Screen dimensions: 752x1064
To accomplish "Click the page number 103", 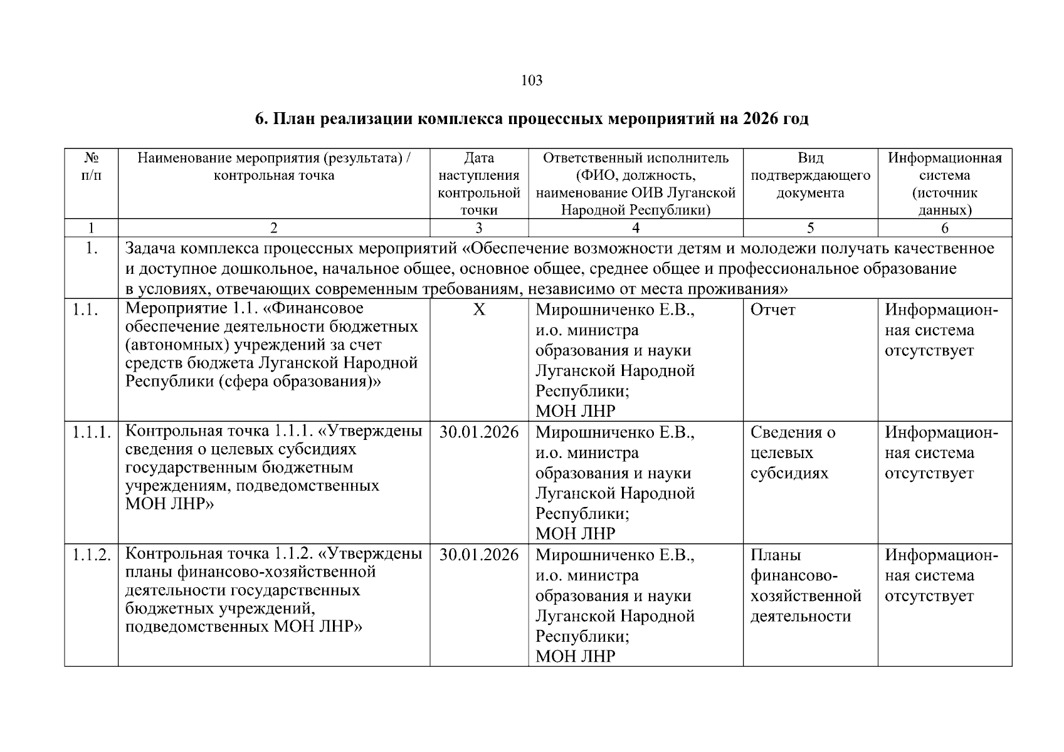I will (x=532, y=81).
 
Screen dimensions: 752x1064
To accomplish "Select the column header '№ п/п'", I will (x=91, y=167).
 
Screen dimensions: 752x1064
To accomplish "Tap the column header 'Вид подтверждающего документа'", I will (x=810, y=175).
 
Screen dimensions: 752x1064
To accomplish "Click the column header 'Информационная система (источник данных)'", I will (x=944, y=184).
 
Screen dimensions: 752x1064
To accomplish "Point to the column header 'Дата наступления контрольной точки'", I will (x=479, y=184).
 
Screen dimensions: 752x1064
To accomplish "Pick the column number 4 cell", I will (x=635, y=228).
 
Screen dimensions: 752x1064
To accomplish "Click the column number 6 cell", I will (x=944, y=228).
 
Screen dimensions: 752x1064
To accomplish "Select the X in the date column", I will (x=479, y=310).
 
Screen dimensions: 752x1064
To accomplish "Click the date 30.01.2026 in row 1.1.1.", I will (x=479, y=432).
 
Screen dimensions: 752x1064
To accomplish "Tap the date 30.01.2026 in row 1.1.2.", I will (x=479, y=555).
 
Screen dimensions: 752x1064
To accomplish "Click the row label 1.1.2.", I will (x=91, y=555).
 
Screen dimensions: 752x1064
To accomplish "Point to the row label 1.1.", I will (x=83, y=310).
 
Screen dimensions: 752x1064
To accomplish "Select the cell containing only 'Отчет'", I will (x=772, y=310).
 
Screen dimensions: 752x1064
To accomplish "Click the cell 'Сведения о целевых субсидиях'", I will (x=793, y=452).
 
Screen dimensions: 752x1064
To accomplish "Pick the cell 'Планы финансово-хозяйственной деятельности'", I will (x=805, y=585).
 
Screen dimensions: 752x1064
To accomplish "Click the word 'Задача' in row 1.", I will (x=150, y=249).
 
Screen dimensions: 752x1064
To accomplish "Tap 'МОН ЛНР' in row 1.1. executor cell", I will (x=575, y=411).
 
